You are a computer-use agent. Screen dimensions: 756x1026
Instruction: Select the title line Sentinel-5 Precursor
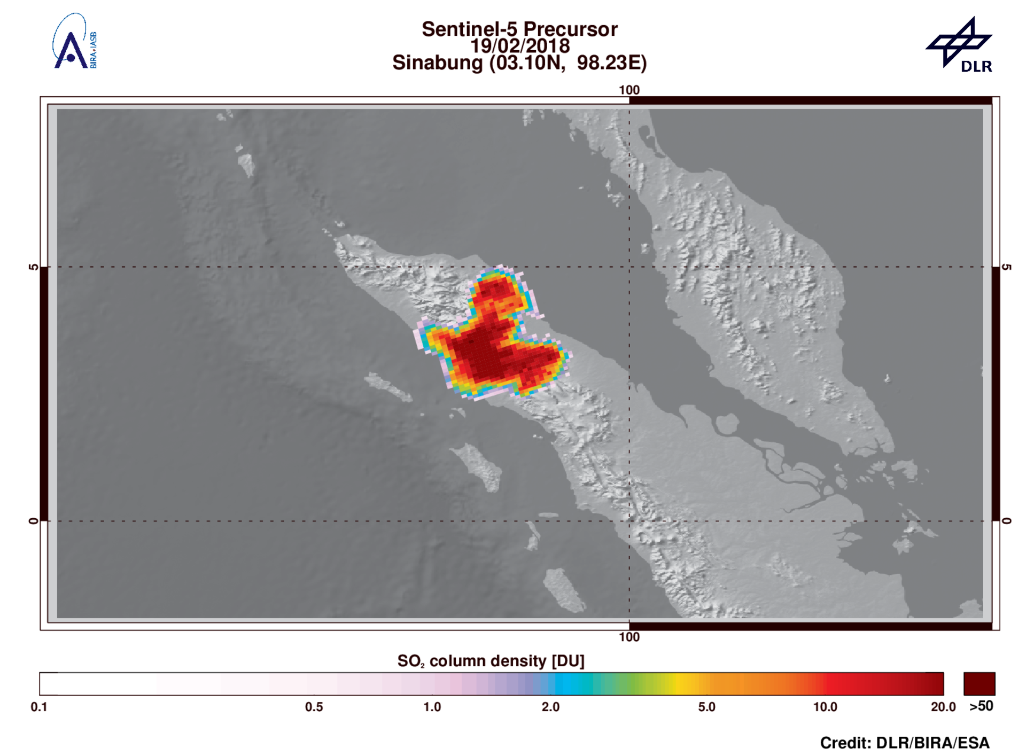tap(519, 29)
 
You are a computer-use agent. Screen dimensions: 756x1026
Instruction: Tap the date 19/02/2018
tap(519, 46)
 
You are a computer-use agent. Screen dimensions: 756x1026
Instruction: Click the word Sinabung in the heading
tap(437, 63)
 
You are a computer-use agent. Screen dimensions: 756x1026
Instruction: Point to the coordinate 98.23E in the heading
tap(611, 63)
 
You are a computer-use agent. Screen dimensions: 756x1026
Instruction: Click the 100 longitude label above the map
tap(629, 90)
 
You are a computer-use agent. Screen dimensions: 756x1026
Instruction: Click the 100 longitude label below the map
tap(629, 637)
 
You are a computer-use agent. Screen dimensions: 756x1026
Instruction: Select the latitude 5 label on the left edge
tap(33, 267)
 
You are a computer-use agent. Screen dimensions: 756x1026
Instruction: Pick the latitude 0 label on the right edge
tap(1006, 520)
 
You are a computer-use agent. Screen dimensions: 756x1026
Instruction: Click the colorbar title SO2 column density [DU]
tap(491, 661)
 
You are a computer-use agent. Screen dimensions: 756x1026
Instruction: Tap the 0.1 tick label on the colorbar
tap(39, 707)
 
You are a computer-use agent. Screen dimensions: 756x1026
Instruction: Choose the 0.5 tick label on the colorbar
tap(314, 707)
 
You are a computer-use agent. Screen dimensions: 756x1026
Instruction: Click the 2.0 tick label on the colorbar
tap(550, 707)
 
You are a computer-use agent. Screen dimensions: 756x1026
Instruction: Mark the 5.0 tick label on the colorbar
tap(706, 707)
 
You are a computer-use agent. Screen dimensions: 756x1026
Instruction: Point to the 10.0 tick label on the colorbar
tap(825, 707)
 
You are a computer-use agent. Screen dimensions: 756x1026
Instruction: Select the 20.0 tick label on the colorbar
tap(943, 707)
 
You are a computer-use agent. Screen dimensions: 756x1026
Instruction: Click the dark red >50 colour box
tap(979, 683)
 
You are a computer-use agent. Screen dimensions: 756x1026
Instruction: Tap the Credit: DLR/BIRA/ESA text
tap(904, 743)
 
